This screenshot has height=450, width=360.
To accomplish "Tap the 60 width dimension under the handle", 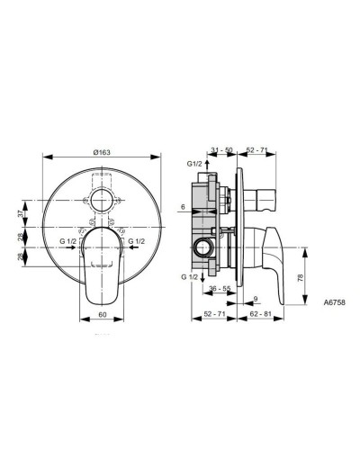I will pyautogui.click(x=104, y=316).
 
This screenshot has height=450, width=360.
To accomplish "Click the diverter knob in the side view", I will pyautogui.click(x=265, y=194).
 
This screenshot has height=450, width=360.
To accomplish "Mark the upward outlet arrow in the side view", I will pyautogui.click(x=209, y=164).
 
